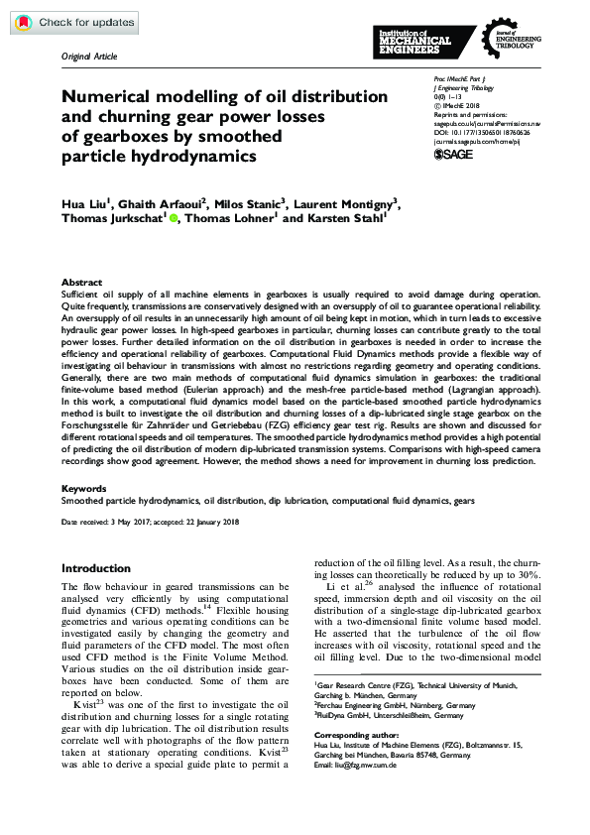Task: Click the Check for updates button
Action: pos(70,23)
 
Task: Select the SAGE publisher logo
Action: pos(456,155)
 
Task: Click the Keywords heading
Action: pos(84,489)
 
